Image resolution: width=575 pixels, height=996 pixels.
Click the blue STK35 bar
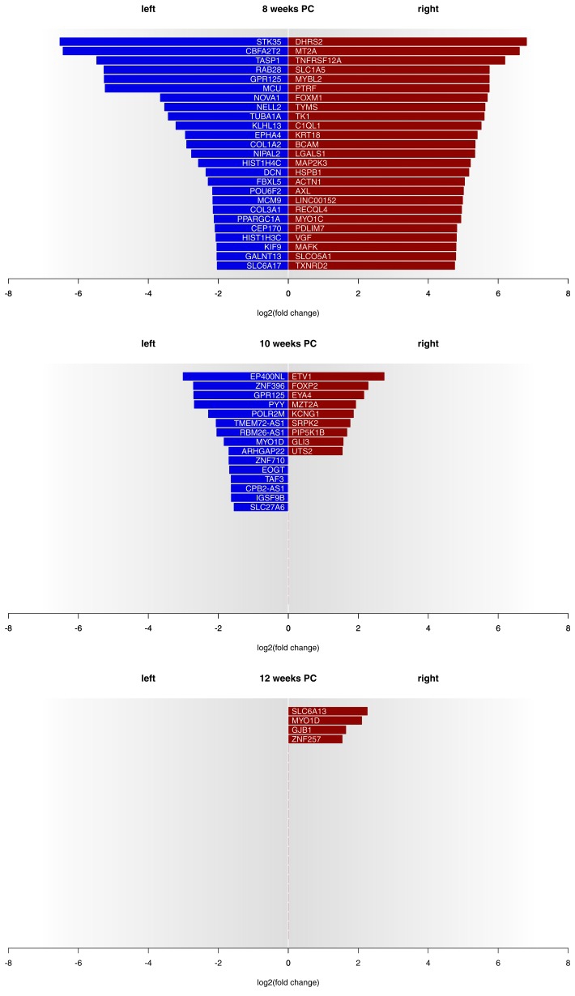point(162,41)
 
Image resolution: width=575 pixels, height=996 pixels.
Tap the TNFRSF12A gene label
point(319,60)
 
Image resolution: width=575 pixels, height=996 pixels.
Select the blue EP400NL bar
point(219,377)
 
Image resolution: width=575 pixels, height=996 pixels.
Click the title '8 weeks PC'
point(287,10)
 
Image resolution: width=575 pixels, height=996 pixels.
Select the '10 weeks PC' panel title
point(287,343)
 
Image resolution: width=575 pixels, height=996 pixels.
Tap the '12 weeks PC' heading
point(287,678)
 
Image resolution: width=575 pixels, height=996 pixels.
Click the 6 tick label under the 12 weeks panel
point(498,963)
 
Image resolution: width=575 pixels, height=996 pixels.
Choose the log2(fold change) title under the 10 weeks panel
point(287,647)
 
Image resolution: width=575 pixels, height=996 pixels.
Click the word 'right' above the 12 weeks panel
point(428,678)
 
